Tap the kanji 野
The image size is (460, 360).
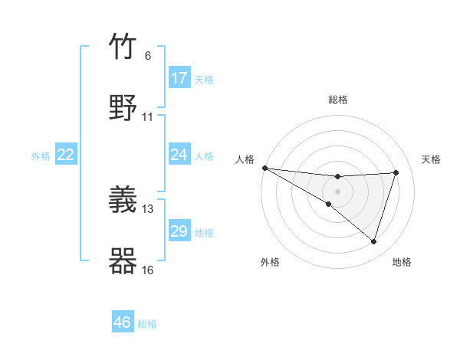[x=123, y=106]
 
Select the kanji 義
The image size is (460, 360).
[x=123, y=200]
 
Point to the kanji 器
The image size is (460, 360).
[x=123, y=260]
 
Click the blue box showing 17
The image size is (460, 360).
[x=179, y=78]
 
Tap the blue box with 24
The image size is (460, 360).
[x=179, y=155]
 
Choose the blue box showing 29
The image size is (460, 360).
[x=179, y=231]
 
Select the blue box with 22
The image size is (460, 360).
[x=66, y=155]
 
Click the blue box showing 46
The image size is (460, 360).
[x=123, y=322]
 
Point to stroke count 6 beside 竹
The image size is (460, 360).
[x=148, y=56]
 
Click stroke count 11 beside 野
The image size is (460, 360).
[x=148, y=117]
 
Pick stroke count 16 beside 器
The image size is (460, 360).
[x=148, y=270]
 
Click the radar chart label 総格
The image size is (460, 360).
[x=338, y=100]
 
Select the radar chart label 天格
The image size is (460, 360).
[x=431, y=159]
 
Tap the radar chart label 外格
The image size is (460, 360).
[x=270, y=262]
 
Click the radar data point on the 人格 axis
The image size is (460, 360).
[x=264, y=167]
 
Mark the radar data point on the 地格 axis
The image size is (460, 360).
[x=374, y=242]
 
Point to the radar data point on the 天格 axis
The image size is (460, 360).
[x=396, y=172]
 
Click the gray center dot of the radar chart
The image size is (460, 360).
[x=338, y=191]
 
